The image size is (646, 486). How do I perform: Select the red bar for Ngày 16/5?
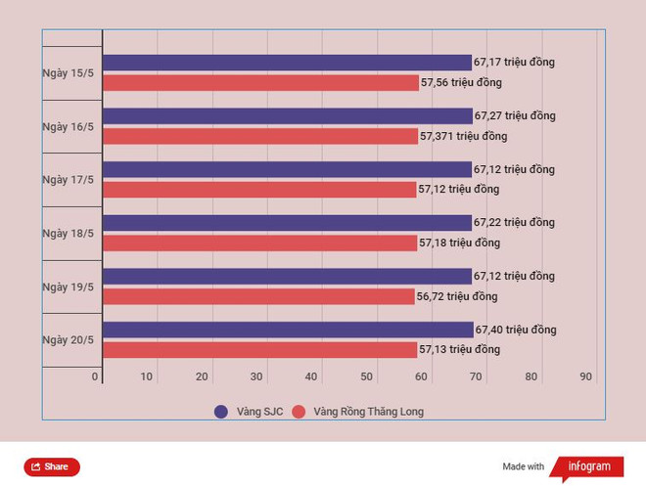coord(260,136)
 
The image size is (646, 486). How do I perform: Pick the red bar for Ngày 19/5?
coord(258,296)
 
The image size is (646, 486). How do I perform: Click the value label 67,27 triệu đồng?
coord(514,115)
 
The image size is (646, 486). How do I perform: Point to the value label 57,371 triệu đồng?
coord(464,136)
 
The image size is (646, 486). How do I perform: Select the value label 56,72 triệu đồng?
coord(457,296)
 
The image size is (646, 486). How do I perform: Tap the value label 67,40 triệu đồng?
coord(516,330)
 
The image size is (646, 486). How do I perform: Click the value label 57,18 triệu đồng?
coord(459,243)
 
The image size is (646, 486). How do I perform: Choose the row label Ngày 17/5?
coord(69,180)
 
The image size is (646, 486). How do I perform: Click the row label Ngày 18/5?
coord(69,234)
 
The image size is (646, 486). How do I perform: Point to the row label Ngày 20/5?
coord(69,340)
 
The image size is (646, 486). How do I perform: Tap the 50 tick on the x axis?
coord(367,376)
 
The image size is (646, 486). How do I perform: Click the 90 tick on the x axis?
coord(586,376)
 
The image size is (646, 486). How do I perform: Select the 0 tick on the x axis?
coord(95,376)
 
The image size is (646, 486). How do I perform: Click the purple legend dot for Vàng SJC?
coord(221,412)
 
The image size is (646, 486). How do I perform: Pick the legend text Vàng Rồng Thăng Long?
coord(369,412)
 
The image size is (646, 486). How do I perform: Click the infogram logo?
coord(588,466)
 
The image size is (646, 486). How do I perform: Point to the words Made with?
coord(524,466)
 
